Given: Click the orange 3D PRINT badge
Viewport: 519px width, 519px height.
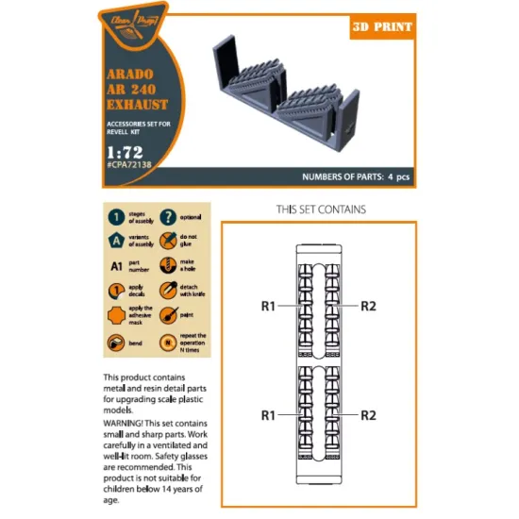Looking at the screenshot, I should [x=382, y=27].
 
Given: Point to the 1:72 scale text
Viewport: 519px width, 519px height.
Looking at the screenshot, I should [x=121, y=148].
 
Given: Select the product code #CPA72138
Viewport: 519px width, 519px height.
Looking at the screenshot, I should [x=133, y=164].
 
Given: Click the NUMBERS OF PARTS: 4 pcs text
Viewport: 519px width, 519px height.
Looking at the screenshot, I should [x=356, y=176].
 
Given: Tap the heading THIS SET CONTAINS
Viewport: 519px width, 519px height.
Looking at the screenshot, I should [x=321, y=209].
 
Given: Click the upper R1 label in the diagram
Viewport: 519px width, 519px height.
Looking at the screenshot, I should [x=270, y=306].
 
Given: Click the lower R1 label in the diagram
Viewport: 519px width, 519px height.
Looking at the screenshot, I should [x=270, y=414].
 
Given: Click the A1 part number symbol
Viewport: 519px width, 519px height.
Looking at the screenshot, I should [x=114, y=265].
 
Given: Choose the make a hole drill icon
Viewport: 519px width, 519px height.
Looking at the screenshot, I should [x=167, y=265].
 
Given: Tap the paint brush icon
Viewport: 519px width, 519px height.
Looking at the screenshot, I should [x=167, y=315].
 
